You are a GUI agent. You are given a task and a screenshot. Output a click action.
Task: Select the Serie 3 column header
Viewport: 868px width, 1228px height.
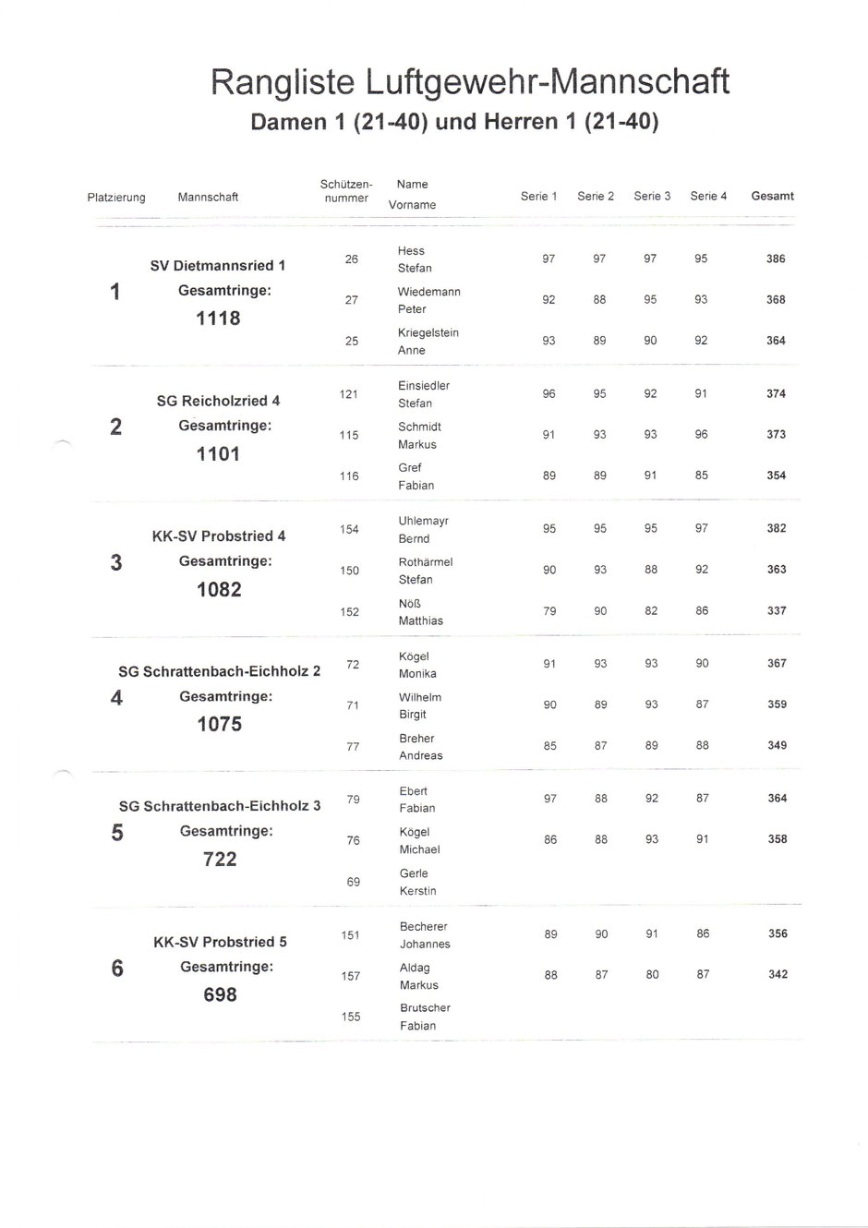652,196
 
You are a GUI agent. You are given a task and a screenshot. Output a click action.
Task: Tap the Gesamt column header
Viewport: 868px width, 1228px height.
773,196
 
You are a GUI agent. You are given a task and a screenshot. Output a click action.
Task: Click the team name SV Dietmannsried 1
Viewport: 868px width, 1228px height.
218,266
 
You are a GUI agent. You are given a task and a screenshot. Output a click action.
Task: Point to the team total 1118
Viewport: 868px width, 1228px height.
218,319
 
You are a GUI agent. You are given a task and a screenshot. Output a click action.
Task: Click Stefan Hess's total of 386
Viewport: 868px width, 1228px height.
776,259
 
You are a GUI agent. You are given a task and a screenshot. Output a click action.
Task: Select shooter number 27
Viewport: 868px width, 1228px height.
351,300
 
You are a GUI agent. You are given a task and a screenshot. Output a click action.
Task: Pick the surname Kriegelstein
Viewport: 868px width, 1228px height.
428,332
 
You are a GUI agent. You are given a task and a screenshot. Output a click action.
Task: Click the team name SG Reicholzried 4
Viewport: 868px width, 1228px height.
218,401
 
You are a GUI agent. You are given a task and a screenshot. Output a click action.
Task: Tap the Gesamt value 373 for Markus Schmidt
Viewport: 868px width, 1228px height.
776,435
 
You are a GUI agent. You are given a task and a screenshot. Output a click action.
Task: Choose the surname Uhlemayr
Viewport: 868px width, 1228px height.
423,521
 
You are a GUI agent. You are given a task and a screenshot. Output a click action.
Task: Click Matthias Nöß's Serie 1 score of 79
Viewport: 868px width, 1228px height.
549,611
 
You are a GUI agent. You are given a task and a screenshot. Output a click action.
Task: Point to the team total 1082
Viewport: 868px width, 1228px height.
219,589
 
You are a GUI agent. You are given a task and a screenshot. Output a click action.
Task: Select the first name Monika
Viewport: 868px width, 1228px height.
417,674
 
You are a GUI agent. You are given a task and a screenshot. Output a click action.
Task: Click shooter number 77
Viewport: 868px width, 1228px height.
353,747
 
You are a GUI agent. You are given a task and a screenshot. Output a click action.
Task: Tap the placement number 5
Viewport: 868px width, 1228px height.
116,833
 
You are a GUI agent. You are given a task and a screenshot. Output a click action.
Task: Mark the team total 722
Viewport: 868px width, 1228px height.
220,860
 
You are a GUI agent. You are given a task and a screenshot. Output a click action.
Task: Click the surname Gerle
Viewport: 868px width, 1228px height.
414,873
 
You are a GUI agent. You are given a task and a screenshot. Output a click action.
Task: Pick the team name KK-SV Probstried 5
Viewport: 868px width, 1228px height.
220,943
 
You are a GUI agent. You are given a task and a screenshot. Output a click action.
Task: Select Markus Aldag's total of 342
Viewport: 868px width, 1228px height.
778,975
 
